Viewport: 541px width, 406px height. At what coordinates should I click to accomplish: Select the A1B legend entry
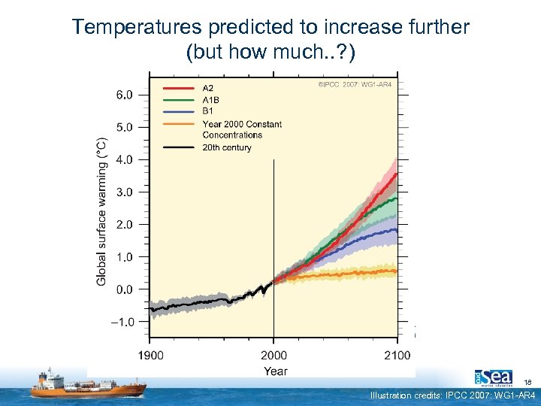point(210,99)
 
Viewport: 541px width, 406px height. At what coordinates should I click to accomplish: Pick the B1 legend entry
point(207,111)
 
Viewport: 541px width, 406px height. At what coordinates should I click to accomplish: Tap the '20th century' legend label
point(227,147)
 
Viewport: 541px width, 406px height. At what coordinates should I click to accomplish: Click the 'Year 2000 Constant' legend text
point(242,124)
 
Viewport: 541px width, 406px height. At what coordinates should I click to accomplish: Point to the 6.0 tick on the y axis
point(123,95)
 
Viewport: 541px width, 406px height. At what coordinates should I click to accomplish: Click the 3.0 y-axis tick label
point(123,192)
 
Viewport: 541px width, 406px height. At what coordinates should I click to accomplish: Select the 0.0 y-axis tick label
point(123,289)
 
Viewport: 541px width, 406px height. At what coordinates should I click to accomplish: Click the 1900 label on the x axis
point(150,356)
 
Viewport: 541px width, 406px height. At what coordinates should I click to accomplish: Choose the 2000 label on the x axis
point(274,356)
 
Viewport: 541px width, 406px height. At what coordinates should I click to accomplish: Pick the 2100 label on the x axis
point(397,356)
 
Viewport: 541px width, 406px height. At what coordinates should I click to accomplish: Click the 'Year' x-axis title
point(275,371)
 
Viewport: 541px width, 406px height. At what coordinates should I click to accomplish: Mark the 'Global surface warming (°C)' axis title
point(101,211)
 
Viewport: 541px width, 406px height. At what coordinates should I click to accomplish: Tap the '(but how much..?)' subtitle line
point(270,53)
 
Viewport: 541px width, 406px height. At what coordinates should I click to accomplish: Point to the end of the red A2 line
point(396,174)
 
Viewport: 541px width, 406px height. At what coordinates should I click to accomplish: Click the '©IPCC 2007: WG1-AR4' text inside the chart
point(355,84)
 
